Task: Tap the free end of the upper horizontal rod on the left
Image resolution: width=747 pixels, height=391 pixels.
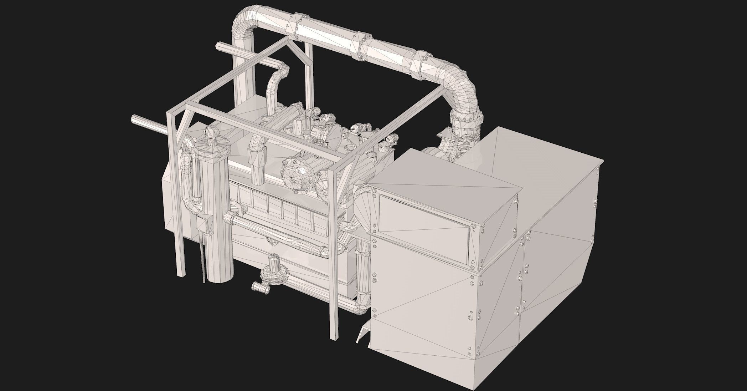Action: (219, 46)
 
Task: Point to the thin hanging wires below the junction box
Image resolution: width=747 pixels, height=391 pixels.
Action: (204, 260)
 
